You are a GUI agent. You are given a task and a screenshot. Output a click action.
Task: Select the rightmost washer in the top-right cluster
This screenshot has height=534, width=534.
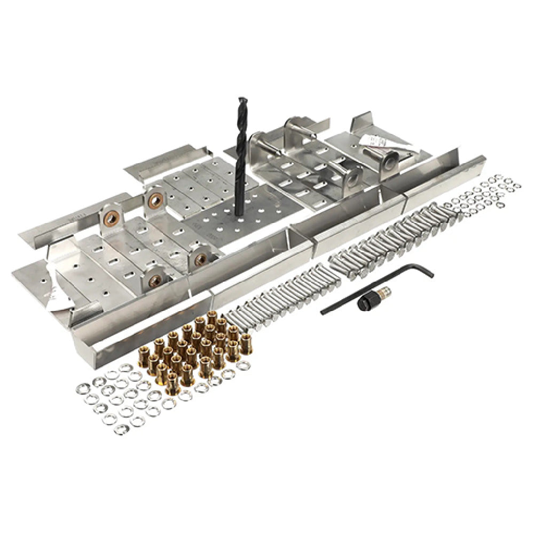516,186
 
